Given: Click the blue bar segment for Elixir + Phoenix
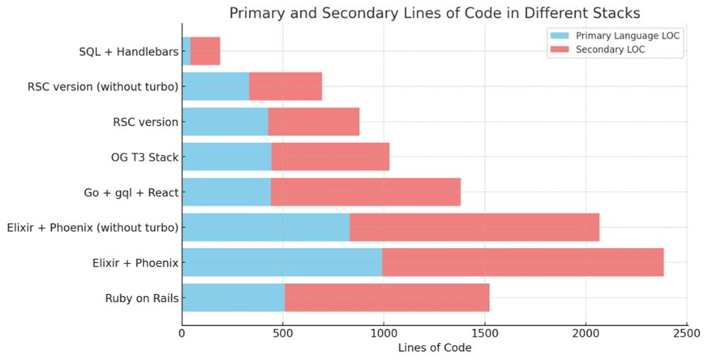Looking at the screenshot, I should [282, 262].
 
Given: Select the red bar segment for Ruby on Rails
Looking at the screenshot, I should [387, 298].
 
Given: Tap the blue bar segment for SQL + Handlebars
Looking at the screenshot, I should [186, 51].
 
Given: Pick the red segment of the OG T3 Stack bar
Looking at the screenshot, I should [330, 156].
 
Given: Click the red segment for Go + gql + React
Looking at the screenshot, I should [366, 192].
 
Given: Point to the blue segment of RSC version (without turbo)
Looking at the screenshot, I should [216, 86].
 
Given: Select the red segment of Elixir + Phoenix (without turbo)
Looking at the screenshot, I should [474, 227].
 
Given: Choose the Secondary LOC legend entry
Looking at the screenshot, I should [610, 50].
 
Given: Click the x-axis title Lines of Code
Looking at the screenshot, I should [434, 348].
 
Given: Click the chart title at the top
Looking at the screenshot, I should [433, 13].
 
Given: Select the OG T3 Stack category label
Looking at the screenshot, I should [140, 157].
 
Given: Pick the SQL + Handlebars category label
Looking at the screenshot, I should [129, 52].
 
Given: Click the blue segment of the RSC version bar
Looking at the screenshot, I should [225, 122].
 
